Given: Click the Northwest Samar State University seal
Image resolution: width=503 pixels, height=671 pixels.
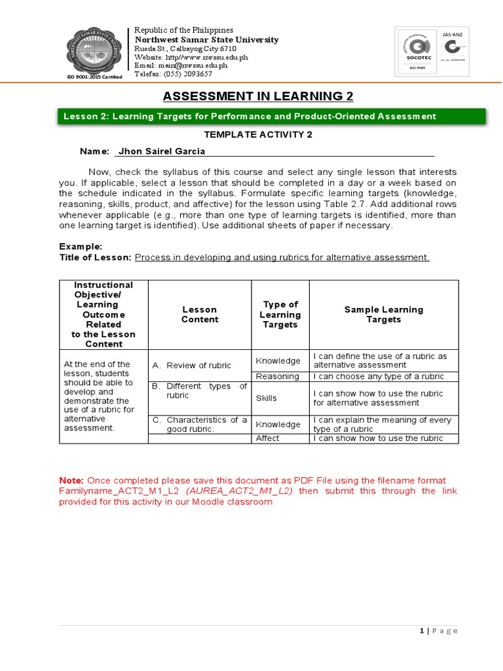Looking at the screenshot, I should [x=94, y=54].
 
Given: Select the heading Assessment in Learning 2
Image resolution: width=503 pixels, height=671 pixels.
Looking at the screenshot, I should [x=258, y=96].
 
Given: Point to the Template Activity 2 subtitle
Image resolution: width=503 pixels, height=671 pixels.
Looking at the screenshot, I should [x=258, y=134].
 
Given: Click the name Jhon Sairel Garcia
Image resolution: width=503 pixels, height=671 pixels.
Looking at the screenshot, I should [x=161, y=151].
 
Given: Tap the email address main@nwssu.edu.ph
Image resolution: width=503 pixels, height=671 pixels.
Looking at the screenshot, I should [x=181, y=66].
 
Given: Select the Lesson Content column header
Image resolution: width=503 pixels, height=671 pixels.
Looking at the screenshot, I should [x=200, y=315].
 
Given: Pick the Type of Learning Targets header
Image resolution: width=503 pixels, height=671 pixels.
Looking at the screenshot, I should [x=280, y=315].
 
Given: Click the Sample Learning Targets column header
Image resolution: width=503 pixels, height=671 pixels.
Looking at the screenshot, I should [x=384, y=315].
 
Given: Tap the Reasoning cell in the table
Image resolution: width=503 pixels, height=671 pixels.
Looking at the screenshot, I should [x=278, y=377].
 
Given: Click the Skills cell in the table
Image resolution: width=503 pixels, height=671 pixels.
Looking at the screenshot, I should [x=267, y=398].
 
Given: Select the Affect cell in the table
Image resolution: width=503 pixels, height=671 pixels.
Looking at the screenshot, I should [x=267, y=438].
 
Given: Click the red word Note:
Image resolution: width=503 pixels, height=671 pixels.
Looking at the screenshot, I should [x=71, y=480].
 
